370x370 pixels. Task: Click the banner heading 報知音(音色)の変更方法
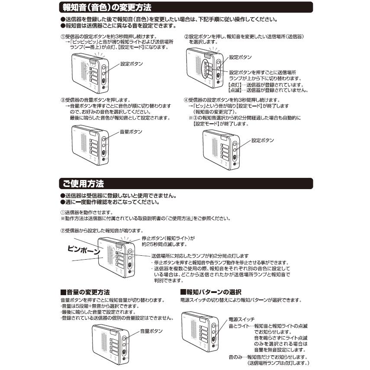point(107,7)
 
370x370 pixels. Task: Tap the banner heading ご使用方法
point(83,183)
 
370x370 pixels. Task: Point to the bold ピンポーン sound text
point(84,250)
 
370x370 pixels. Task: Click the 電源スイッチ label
point(241,319)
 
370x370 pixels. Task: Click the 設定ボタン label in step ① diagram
point(132,64)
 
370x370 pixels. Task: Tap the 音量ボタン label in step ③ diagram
point(131,132)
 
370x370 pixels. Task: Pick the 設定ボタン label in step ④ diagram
point(263,140)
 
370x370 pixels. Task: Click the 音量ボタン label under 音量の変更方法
point(151,331)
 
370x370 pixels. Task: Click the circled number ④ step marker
point(186,100)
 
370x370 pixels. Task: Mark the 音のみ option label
point(235,357)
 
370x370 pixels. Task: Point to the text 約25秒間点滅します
point(164,244)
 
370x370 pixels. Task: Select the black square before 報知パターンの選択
point(183,292)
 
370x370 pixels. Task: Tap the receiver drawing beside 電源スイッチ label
point(200,331)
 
